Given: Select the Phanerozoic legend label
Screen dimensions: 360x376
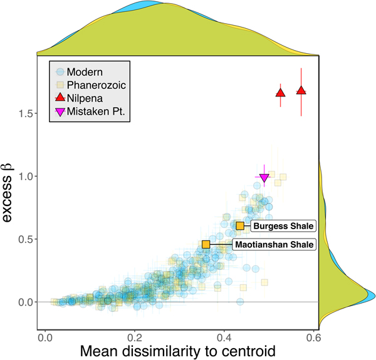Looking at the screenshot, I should (x=95, y=85).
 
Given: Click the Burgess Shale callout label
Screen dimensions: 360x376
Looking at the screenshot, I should (x=283, y=226).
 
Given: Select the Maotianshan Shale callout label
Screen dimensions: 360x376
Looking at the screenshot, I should (x=274, y=245).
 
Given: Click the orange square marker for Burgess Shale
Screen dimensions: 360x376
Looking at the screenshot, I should (x=240, y=225).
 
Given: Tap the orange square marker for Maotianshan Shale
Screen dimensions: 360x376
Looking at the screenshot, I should (x=206, y=244).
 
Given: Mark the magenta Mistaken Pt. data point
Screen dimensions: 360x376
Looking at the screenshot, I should (x=264, y=178).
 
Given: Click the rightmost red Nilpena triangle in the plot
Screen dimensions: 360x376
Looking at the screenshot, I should (x=301, y=91).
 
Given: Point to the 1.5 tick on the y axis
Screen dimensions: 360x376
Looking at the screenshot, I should (x=24, y=113).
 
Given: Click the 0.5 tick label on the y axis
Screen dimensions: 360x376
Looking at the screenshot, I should (x=24, y=239).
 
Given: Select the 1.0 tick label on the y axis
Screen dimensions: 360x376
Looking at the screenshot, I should (x=24, y=177).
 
